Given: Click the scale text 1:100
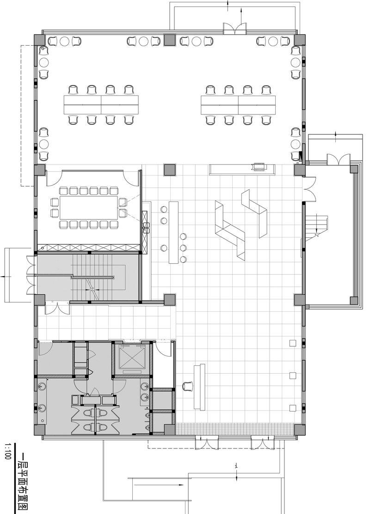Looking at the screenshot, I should (7, 451).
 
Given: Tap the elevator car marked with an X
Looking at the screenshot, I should (132, 357).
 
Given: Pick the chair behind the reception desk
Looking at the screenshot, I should (187, 386).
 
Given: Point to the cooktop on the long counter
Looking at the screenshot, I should (258, 166).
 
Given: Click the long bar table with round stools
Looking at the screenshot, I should (174, 232).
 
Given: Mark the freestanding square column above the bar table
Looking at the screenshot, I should (170, 170).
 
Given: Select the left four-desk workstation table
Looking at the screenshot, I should (101, 104).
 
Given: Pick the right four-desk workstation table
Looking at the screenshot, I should (238, 104).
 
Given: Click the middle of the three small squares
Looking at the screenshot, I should (292, 375).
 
